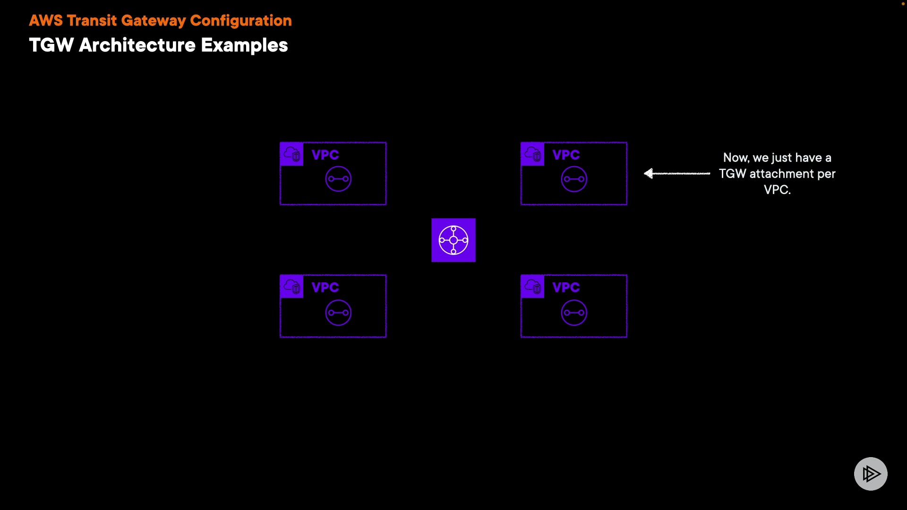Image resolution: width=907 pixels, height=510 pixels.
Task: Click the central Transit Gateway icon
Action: (x=453, y=240)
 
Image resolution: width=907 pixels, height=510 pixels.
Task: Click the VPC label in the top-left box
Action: (x=325, y=155)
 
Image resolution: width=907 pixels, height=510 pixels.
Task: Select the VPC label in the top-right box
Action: (x=566, y=155)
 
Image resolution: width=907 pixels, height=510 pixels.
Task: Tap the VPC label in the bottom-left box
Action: (x=325, y=287)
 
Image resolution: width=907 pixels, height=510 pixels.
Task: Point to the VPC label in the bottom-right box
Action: (x=566, y=287)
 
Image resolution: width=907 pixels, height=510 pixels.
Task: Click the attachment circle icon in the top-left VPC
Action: (x=338, y=179)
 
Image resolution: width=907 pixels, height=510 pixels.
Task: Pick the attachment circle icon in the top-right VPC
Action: (x=574, y=179)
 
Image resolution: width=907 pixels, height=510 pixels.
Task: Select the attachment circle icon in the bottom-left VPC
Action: (x=338, y=313)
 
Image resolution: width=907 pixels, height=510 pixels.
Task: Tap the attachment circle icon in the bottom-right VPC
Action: (x=574, y=313)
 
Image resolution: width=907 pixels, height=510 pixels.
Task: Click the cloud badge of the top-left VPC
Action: (x=292, y=154)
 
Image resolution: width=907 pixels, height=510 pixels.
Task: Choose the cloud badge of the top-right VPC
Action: (x=533, y=154)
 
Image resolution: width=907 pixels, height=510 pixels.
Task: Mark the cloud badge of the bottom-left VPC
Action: (x=292, y=287)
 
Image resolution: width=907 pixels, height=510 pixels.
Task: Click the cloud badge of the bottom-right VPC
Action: (x=533, y=287)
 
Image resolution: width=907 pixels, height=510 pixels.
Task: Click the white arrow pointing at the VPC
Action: (x=676, y=174)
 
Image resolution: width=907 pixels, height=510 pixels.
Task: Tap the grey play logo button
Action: (x=871, y=474)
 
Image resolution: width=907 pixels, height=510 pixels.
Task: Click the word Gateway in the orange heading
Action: (x=154, y=21)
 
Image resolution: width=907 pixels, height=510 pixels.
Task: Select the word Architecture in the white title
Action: (x=137, y=45)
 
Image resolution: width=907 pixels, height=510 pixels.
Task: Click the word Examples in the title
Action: (x=244, y=45)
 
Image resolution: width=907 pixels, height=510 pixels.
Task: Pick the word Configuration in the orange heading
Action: (x=241, y=21)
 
